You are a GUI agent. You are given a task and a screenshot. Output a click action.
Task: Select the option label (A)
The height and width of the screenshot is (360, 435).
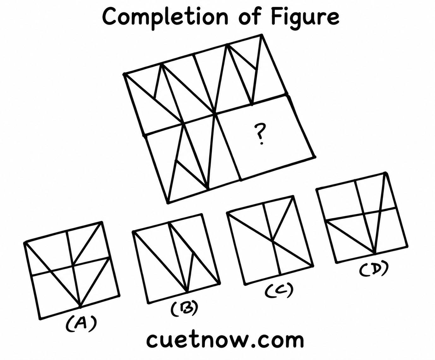[x=81, y=326]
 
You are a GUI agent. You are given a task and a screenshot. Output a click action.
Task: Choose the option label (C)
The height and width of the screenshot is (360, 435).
[x=279, y=291]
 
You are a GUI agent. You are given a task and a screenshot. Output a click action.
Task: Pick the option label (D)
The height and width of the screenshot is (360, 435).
[x=374, y=269]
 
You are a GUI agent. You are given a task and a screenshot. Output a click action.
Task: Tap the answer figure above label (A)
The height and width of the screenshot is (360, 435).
[x=72, y=270]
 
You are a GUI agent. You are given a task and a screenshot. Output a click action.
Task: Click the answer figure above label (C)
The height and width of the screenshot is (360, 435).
[x=270, y=240]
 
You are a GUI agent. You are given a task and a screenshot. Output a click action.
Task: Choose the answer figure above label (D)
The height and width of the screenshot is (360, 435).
[x=362, y=217]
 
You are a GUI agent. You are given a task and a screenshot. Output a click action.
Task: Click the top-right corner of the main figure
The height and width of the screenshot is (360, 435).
[x=262, y=35]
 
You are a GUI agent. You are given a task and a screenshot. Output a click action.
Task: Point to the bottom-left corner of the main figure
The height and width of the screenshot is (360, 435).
[x=168, y=202]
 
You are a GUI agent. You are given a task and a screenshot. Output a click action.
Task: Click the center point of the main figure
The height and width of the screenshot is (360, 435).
[x=215, y=114]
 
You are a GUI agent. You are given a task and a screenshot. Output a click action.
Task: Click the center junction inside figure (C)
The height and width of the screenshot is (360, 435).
[x=272, y=242]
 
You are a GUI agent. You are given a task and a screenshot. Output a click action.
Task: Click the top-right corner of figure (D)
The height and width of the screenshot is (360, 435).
[x=385, y=173]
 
